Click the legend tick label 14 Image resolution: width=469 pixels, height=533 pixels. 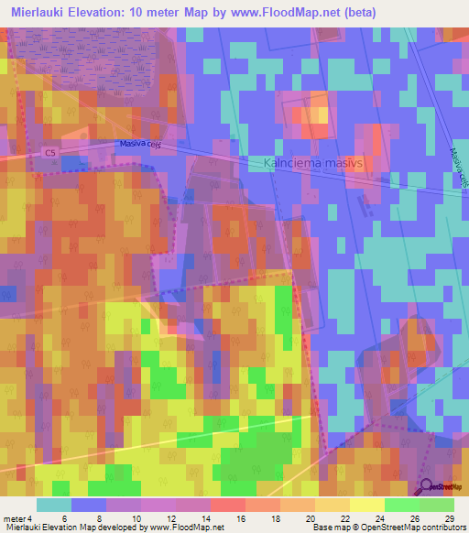point(209,519)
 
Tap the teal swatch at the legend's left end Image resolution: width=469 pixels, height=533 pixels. point(53,505)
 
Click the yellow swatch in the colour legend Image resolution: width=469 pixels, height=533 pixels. point(366,505)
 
